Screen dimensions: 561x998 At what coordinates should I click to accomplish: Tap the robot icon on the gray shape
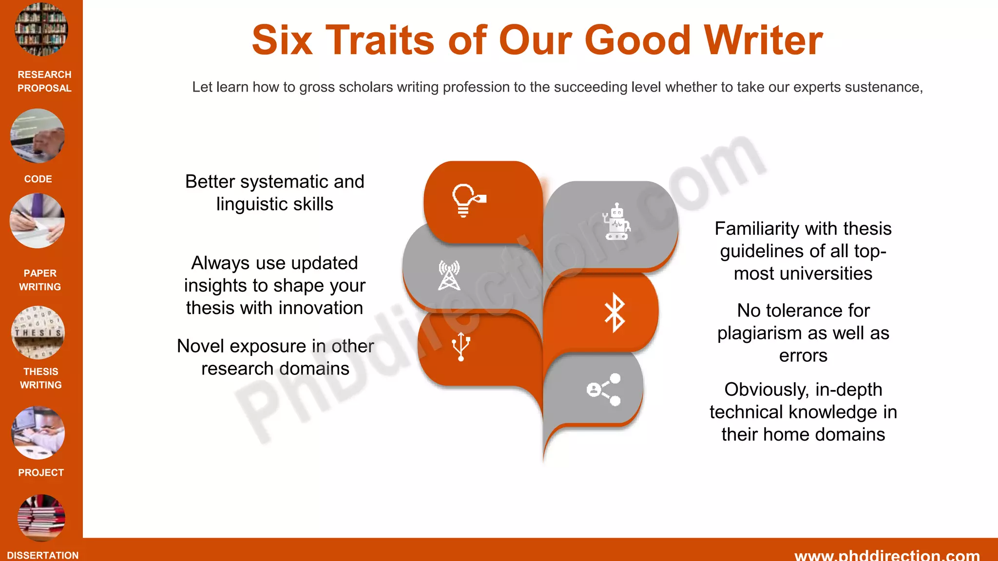point(616,222)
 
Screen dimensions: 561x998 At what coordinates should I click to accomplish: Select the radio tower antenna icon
point(449,276)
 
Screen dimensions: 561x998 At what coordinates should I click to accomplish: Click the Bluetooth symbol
point(614,313)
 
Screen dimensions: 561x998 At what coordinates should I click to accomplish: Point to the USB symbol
point(461,346)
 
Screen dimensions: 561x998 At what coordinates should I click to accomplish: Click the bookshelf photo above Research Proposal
point(41,29)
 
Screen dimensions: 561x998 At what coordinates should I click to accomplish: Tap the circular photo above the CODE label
point(38,136)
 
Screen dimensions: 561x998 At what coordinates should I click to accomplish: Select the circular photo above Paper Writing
point(38,221)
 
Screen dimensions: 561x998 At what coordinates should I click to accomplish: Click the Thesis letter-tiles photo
point(38,333)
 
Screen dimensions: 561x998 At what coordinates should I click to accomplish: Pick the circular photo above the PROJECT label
point(38,433)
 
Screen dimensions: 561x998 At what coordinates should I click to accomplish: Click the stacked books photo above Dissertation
point(41,517)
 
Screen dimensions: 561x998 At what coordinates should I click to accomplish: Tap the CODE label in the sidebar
point(38,179)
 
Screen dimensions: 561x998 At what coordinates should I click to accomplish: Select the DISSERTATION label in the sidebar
point(43,555)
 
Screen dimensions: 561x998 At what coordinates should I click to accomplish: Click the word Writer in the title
point(763,40)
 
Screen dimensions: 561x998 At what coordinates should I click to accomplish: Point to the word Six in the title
point(282,40)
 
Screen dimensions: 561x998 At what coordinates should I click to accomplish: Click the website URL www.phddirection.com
point(887,555)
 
